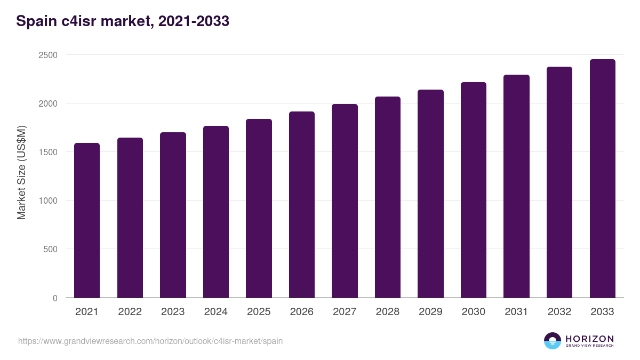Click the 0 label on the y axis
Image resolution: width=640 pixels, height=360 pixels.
click(x=54, y=298)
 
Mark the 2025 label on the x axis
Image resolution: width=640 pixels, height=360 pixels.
click(x=259, y=312)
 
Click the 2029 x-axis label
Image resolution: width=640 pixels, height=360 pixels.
click(x=430, y=312)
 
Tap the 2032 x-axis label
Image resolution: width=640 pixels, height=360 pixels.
click(x=559, y=312)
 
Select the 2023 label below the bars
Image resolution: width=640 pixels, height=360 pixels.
click(x=173, y=312)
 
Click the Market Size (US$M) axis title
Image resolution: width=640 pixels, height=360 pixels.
click(x=21, y=172)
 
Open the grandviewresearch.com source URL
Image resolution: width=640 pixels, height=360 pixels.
click(x=150, y=341)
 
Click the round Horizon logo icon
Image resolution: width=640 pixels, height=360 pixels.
click(x=553, y=341)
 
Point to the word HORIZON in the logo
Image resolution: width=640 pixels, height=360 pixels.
click(x=589, y=338)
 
